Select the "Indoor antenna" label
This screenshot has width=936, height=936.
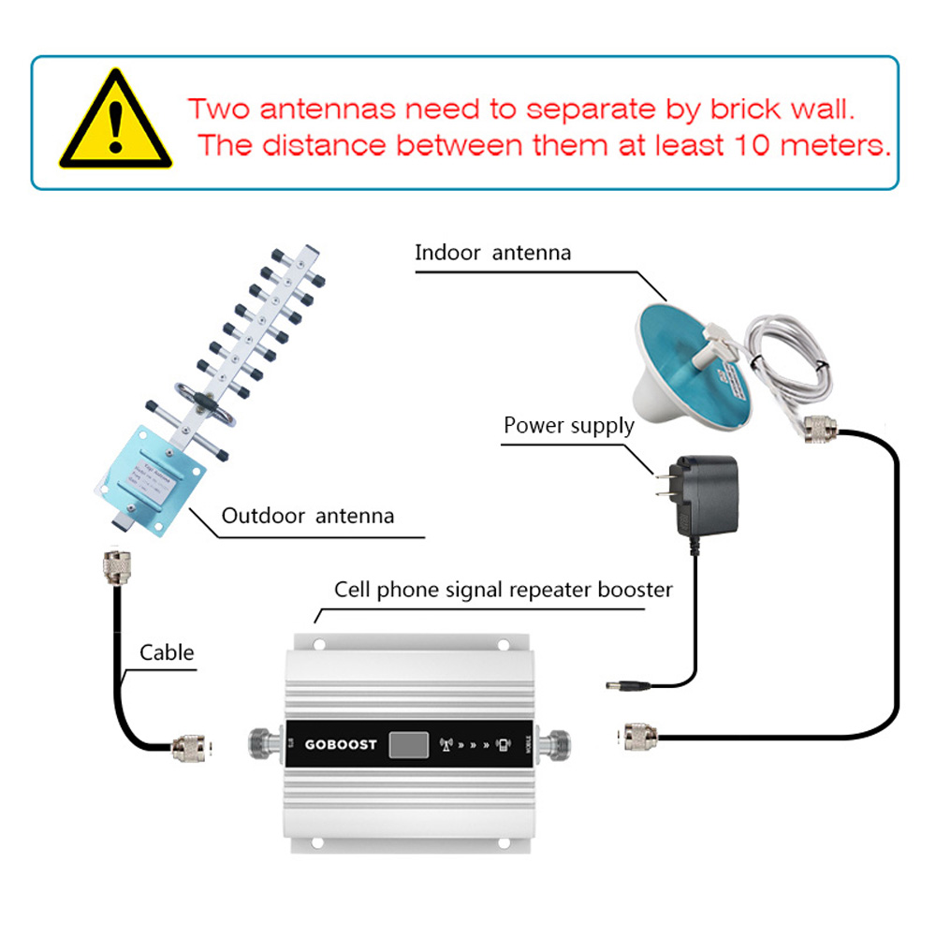pyautogui.click(x=492, y=252)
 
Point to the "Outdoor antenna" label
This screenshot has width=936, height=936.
pyautogui.click(x=307, y=516)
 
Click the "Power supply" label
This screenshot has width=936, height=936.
pyautogui.click(x=568, y=426)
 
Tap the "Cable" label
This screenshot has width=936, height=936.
pyautogui.click(x=167, y=652)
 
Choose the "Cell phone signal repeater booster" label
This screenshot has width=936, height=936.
pyautogui.click(x=504, y=590)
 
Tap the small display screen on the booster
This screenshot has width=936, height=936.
pyautogui.click(x=409, y=745)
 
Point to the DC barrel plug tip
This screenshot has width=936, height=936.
pyautogui.click(x=614, y=686)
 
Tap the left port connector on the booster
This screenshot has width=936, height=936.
pyautogui.click(x=265, y=745)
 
